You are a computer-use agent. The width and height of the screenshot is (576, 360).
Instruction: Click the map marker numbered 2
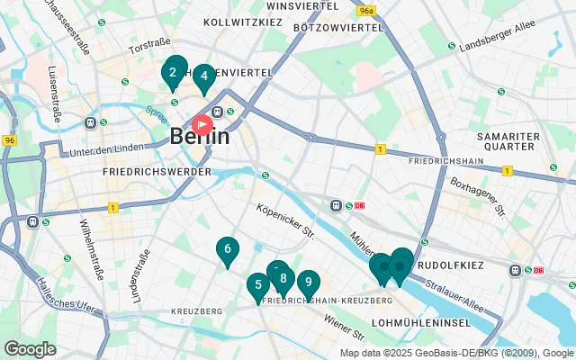click(173, 73)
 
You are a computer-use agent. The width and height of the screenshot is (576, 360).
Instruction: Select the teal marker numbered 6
click(228, 250)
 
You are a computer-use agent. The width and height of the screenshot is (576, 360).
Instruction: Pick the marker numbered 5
click(258, 286)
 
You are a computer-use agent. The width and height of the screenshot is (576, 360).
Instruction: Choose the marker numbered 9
click(309, 283)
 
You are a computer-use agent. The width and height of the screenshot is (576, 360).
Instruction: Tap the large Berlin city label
click(199, 138)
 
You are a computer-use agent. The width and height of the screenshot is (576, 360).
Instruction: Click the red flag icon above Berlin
click(203, 122)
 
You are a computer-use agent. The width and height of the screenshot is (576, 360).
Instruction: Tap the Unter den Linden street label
click(107, 148)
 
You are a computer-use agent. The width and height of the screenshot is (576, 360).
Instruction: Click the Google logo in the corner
click(30, 348)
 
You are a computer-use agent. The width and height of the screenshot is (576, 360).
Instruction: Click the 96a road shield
click(365, 11)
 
